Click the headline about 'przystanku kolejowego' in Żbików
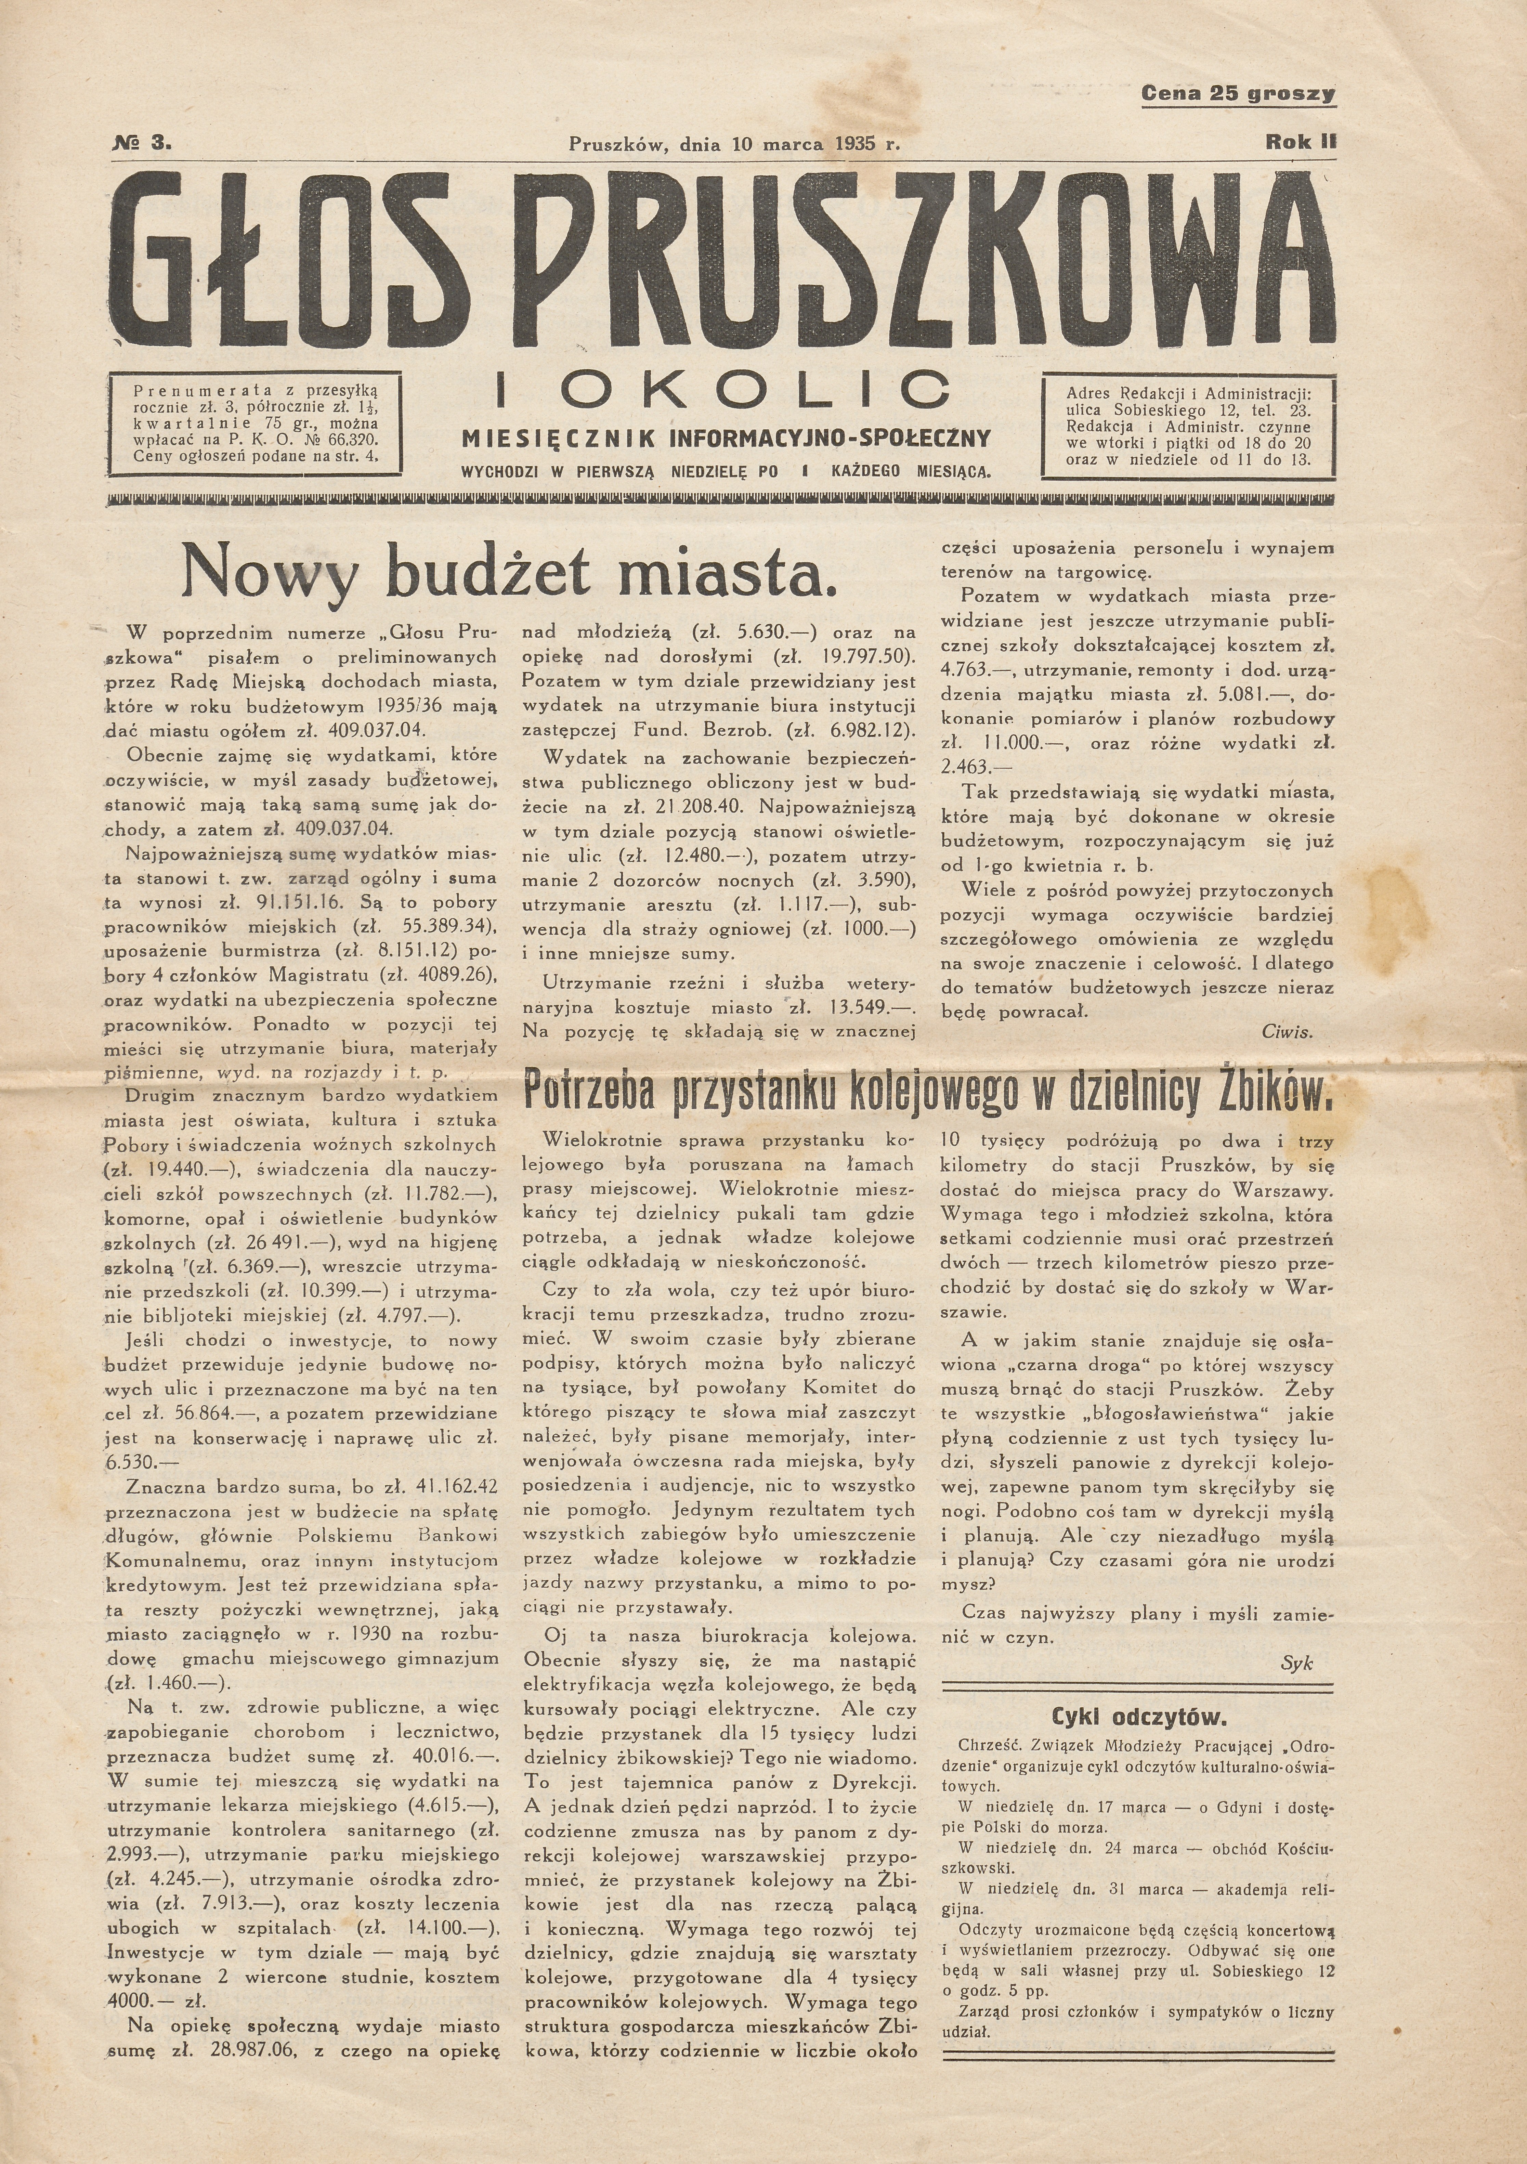point(927,1092)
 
